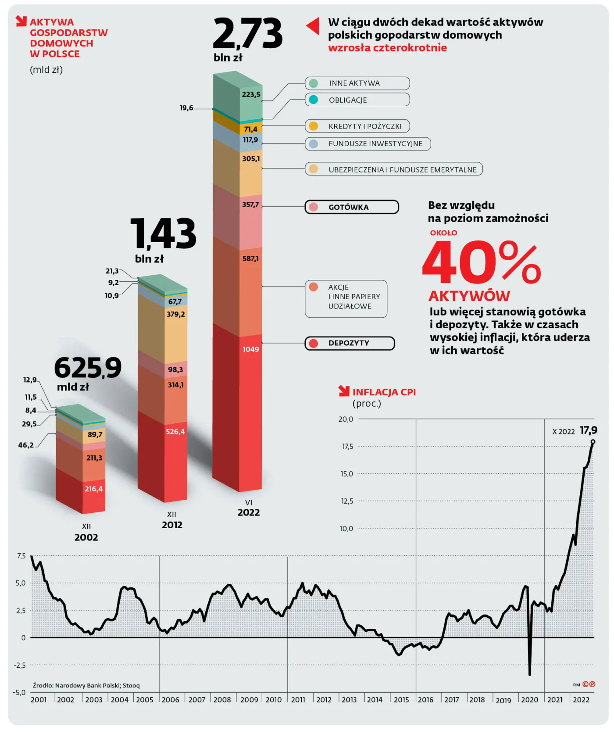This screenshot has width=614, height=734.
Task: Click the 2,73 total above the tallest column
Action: pos(248,34)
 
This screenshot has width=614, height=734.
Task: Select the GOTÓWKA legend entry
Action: pos(352,207)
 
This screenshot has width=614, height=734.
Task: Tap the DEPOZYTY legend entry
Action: pos(350,343)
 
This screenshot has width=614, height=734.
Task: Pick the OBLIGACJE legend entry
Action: pos(357,100)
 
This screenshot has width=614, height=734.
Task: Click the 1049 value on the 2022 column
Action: pos(251,349)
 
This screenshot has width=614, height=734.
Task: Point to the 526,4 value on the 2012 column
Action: pos(175,432)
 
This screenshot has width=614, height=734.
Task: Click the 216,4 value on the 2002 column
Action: pos(94,489)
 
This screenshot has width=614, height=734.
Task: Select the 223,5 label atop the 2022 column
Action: pos(251,94)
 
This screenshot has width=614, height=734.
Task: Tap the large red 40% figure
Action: pos(481,262)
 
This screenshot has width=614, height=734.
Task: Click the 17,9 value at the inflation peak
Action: pos(588,430)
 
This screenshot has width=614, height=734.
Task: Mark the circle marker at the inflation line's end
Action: pos(593,442)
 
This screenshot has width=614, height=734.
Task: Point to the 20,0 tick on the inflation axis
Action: pos(346,419)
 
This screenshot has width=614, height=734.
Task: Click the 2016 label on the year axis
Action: pos(425,700)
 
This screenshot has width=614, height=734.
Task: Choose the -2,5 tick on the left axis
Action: pos(20,665)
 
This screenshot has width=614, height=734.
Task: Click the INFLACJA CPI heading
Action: pos(384,392)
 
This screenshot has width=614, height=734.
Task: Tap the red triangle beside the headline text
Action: pos(313,26)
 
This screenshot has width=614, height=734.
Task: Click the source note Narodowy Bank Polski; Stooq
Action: pos(86,685)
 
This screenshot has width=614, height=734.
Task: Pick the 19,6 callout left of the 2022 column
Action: pos(186,108)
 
